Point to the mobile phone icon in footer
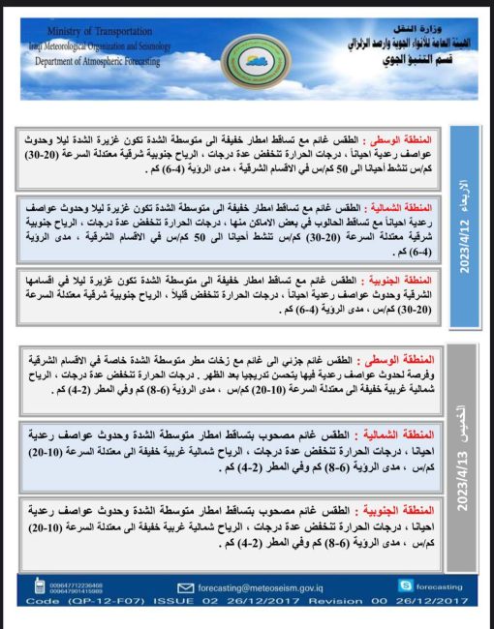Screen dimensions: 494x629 39,586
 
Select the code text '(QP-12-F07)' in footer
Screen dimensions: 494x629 91,601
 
